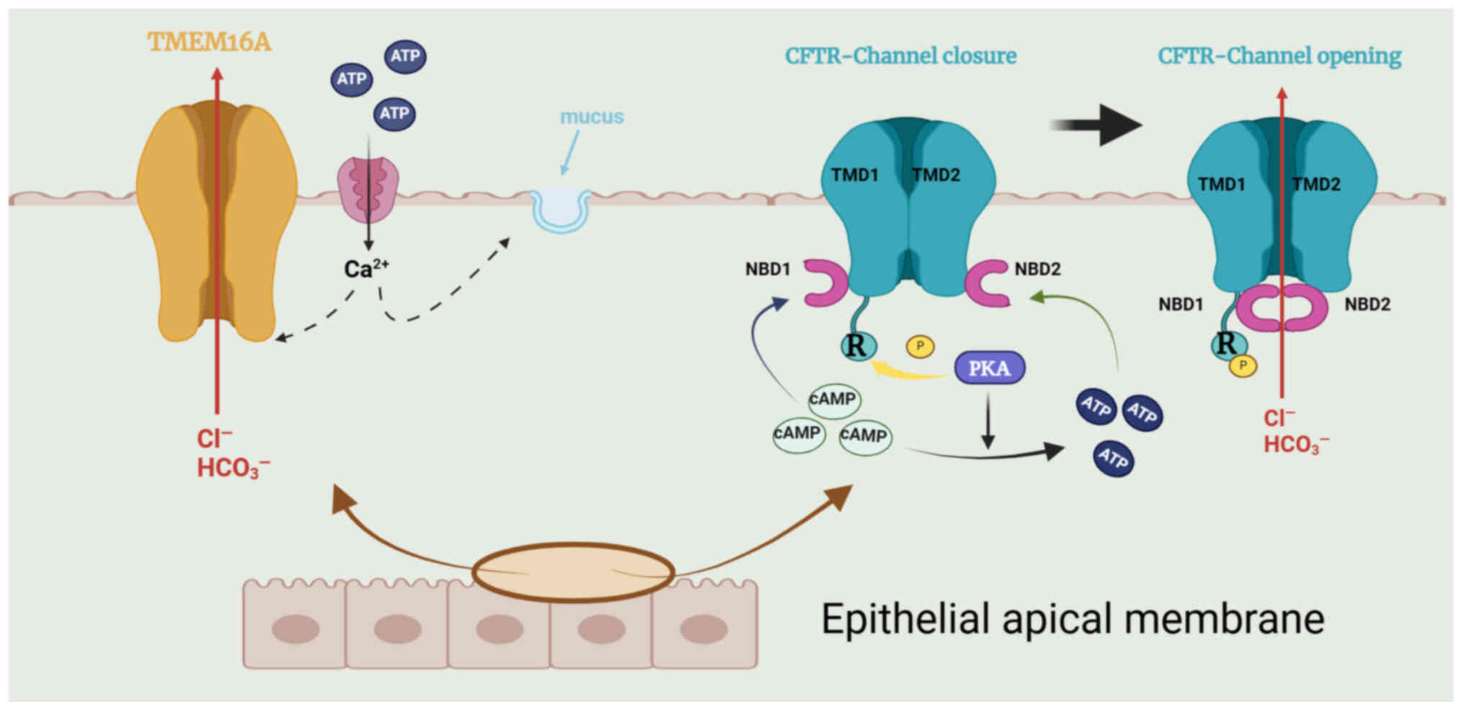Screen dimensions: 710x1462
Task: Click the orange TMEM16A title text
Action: pyautogui.click(x=209, y=42)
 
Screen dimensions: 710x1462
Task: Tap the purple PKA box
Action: pyautogui.click(x=989, y=368)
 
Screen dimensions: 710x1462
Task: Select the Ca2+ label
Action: pyautogui.click(x=366, y=269)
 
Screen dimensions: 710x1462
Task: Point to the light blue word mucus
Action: pyautogui.click(x=592, y=117)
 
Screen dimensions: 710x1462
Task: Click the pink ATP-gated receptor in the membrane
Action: pyautogui.click(x=368, y=189)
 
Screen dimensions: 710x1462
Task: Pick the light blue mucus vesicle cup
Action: pyautogui.click(x=560, y=210)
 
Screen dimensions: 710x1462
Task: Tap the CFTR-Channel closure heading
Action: pyautogui.click(x=901, y=56)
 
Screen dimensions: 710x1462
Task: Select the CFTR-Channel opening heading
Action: pyautogui.click(x=1279, y=56)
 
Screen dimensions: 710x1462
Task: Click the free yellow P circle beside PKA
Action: pyautogui.click(x=920, y=346)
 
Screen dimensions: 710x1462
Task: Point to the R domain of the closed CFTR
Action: pyautogui.click(x=857, y=346)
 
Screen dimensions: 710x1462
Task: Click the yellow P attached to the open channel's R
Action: pyautogui.click(x=1243, y=365)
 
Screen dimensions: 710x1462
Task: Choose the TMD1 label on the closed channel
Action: pyautogui.click(x=854, y=175)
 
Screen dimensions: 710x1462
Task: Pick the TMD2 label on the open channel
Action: pyautogui.click(x=1316, y=184)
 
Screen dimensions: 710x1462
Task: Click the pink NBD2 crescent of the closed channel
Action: pyautogui.click(x=985, y=283)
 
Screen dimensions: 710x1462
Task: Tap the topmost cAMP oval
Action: pyautogui.click(x=834, y=399)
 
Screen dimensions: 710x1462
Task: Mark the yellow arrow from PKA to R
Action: pyautogui.click(x=908, y=371)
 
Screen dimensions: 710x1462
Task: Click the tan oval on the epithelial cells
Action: pyautogui.click(x=573, y=572)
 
